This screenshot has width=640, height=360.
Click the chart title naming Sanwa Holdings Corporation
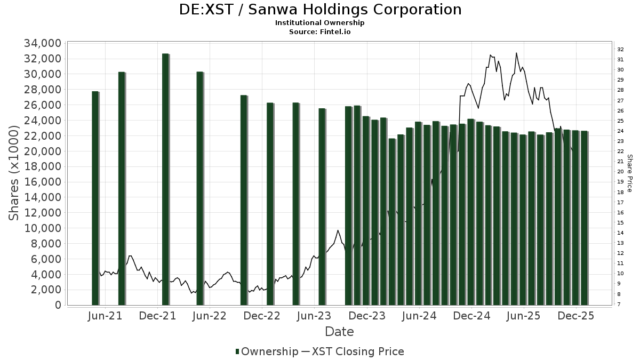[x=320, y=10]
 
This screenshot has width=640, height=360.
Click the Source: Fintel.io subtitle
[x=320, y=31]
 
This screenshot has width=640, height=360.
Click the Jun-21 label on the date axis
[x=105, y=316]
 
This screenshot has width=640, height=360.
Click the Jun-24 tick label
[x=419, y=316]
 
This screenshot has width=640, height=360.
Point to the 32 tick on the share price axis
[x=620, y=49]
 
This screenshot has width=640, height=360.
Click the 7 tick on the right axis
[x=619, y=304]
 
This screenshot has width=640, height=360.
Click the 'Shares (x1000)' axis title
[x=15, y=173]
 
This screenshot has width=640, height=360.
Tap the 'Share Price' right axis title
[x=629, y=173]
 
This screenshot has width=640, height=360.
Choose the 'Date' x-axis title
[x=340, y=332]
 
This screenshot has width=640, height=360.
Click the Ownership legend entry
[x=267, y=351]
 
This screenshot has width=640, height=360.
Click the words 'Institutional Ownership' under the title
[x=320, y=23]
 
